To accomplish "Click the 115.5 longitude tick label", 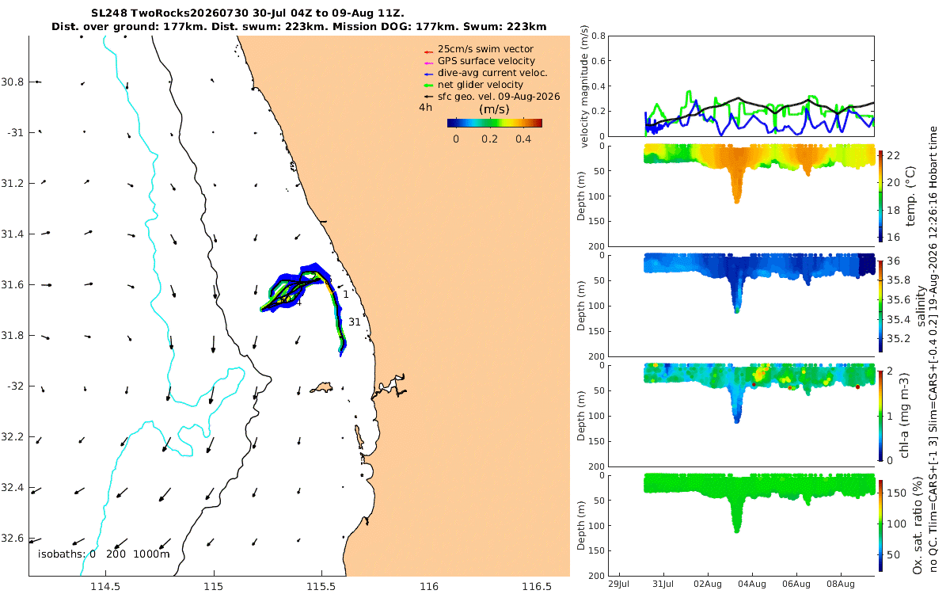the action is point(321,586).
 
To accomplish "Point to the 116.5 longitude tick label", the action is point(537,586).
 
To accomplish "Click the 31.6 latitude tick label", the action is point(13,284).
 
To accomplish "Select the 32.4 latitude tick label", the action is point(13,488).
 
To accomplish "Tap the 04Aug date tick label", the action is point(752,584).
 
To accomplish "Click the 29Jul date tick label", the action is point(618,584).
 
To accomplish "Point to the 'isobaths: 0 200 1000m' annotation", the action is point(104,554).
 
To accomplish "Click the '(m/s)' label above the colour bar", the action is point(494,109).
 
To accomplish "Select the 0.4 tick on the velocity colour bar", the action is point(523,139).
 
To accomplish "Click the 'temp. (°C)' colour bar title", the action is point(910,196).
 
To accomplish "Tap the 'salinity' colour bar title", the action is point(921,306).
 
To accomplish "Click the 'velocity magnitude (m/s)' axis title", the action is point(584,86).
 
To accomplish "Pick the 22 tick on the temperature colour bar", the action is point(893,156).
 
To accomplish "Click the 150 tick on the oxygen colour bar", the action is point(896,493).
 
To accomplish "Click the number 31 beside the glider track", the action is point(355,322).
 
